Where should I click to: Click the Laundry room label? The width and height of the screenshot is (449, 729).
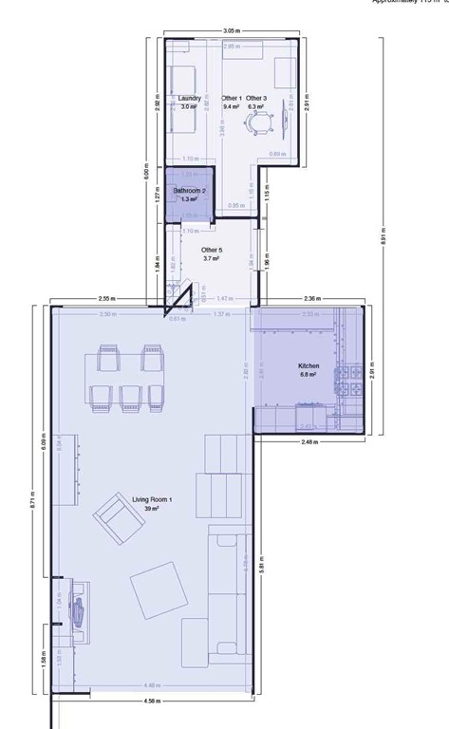click(189, 98)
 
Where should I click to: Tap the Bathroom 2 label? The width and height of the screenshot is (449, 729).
click(188, 191)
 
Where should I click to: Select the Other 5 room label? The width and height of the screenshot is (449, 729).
click(211, 250)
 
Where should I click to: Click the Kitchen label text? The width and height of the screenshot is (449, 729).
click(309, 365)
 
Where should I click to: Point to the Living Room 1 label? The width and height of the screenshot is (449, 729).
click(139, 499)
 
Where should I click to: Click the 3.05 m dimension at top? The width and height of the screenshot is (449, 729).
click(231, 30)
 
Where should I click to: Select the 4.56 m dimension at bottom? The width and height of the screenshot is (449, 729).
click(151, 701)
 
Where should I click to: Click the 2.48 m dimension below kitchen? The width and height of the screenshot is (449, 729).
click(309, 441)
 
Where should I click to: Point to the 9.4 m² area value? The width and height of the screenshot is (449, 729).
click(231, 107)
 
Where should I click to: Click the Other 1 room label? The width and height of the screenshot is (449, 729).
click(231, 98)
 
